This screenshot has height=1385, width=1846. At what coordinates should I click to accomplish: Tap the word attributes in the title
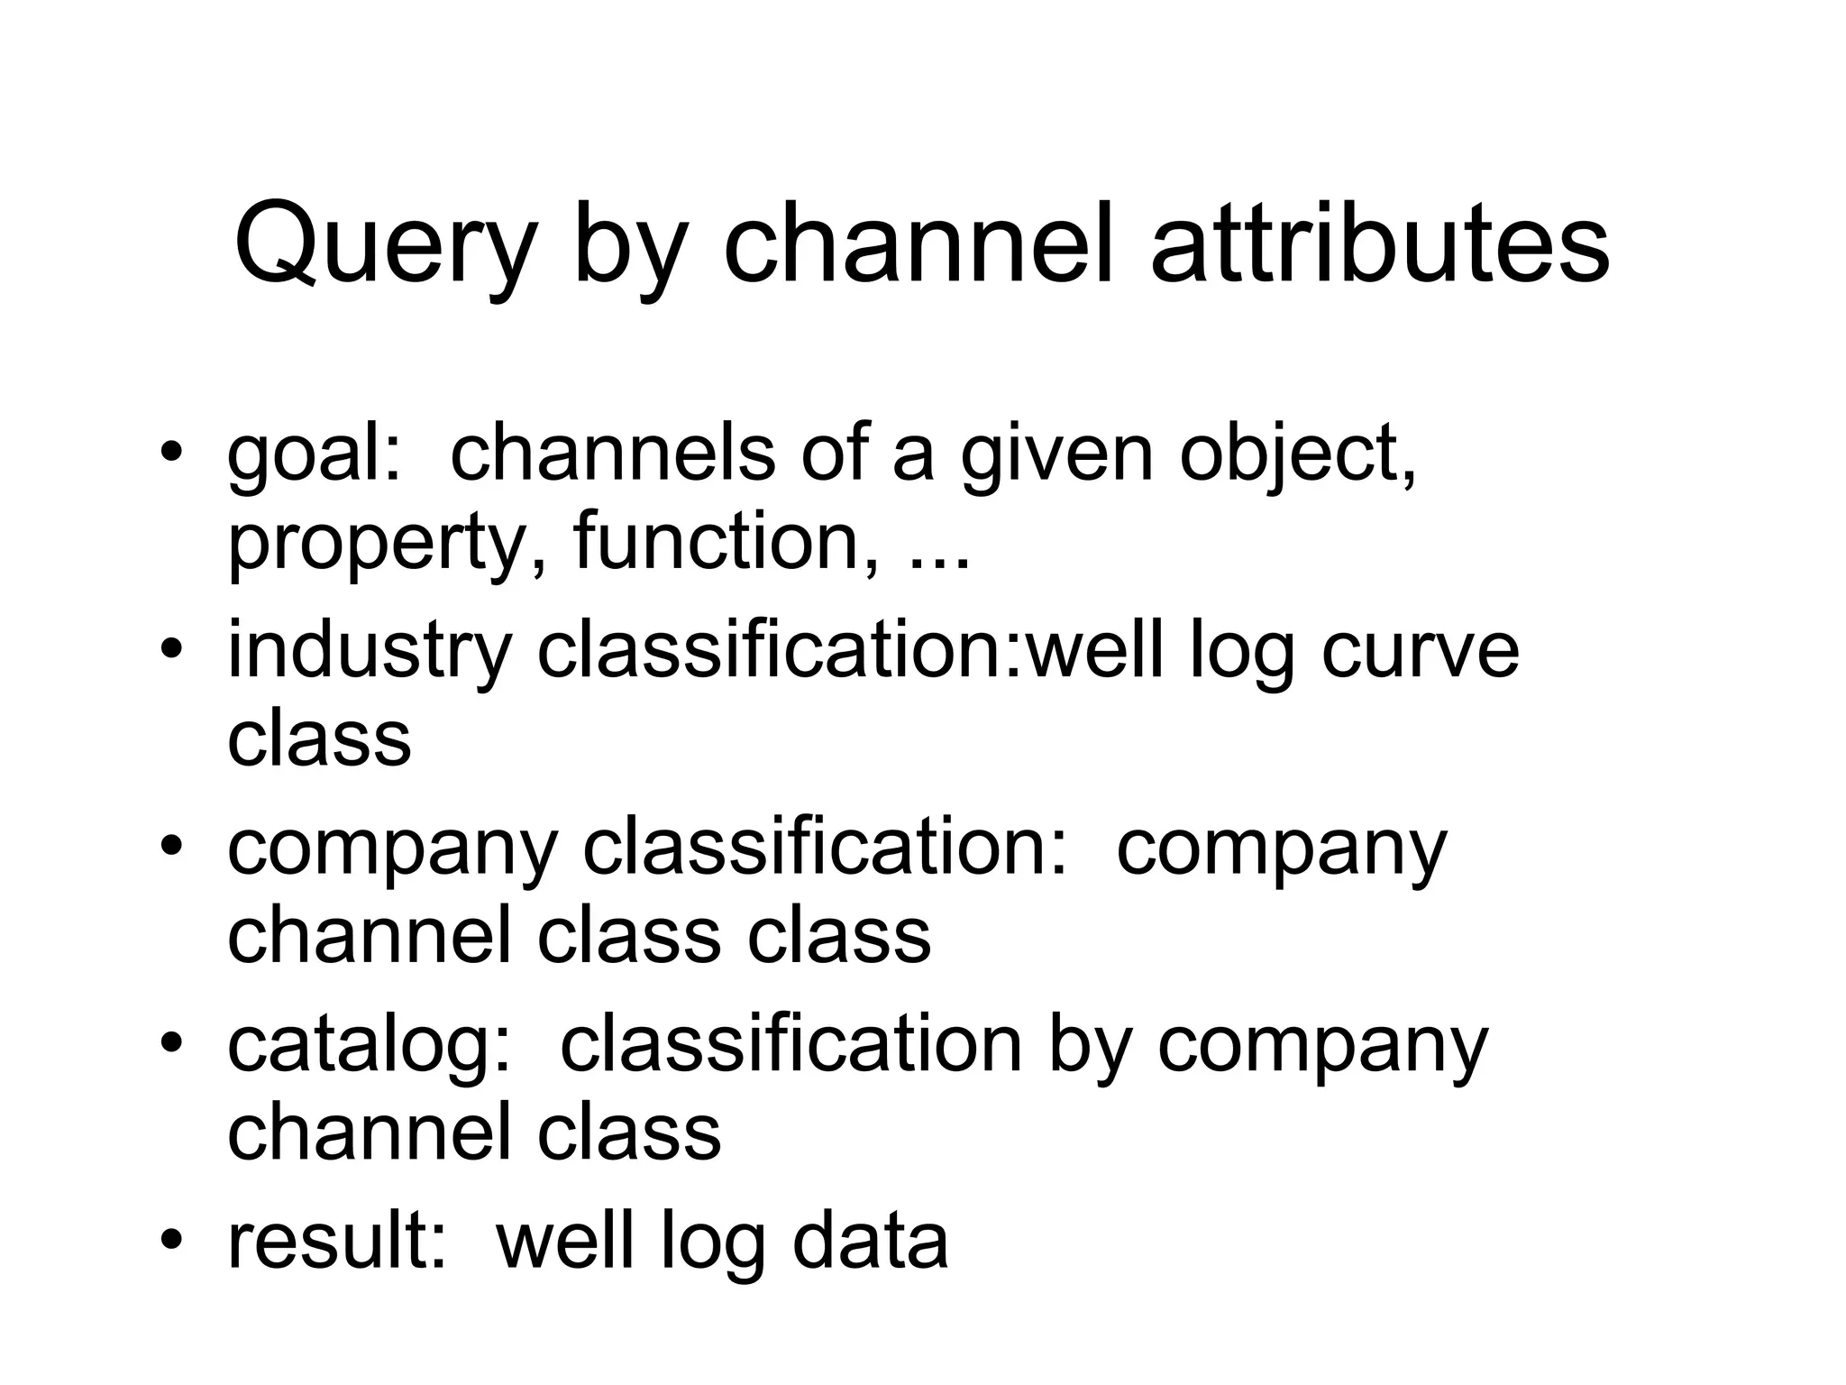coord(1380,243)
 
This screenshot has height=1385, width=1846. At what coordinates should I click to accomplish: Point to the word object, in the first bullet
coord(1298,455)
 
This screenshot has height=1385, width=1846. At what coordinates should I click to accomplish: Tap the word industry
coord(370,651)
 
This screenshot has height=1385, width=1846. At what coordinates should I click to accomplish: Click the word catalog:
coord(370,1046)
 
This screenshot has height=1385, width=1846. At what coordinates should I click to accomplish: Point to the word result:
coord(337,1241)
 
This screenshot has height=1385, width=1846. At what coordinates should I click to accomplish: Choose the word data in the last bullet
coord(870,1241)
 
